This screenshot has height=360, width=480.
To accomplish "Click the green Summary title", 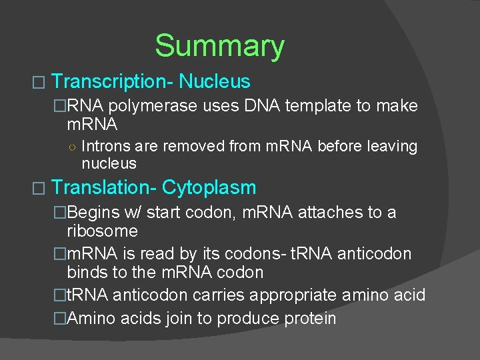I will (x=219, y=46).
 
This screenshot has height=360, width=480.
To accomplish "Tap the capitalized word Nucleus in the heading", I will (x=215, y=82).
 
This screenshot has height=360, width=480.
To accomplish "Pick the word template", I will (x=316, y=106).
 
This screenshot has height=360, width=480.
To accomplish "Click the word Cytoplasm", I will (x=209, y=188).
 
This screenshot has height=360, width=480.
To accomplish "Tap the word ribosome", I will (x=102, y=231).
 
